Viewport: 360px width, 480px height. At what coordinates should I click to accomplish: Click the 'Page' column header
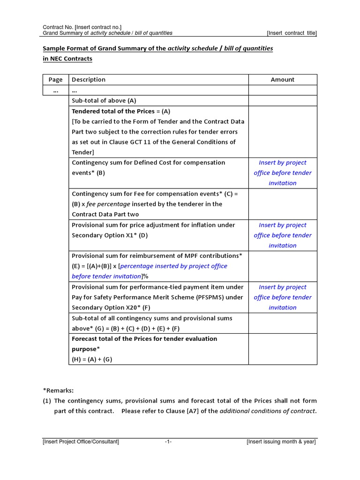[55, 80]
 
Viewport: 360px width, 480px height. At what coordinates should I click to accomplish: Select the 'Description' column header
[89, 80]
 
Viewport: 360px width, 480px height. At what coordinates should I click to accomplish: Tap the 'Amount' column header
[282, 80]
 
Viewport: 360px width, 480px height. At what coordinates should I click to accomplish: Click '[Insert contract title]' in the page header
[292, 33]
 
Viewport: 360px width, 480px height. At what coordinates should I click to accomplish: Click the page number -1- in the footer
[168, 442]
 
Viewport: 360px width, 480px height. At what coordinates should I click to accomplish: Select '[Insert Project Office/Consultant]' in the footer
[81, 442]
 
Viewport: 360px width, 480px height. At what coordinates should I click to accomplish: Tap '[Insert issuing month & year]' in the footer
[281, 442]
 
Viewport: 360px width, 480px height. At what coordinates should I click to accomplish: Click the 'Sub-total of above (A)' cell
[104, 101]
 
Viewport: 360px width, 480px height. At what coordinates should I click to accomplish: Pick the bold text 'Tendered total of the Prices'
[113, 111]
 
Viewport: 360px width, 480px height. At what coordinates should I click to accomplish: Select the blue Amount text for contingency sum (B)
[282, 173]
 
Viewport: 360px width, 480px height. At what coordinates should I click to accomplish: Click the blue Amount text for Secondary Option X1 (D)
[282, 235]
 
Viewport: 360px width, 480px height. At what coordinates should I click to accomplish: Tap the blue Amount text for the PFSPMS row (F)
[282, 297]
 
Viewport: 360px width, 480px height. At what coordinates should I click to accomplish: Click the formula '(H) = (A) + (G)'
[92, 360]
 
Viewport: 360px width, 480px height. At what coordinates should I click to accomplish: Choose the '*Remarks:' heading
[58, 390]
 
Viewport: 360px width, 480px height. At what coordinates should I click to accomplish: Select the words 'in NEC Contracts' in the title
[67, 59]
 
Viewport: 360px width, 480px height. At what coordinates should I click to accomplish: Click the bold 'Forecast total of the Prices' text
[113, 339]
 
